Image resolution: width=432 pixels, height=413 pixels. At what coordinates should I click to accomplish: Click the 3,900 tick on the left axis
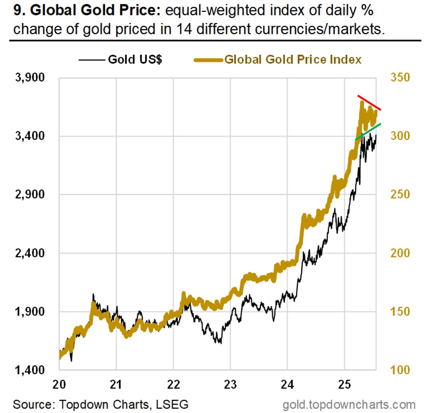click(30, 77)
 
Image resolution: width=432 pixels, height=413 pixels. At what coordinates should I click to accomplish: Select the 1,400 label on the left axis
click(30, 370)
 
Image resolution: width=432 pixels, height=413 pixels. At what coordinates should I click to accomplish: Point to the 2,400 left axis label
click(30, 253)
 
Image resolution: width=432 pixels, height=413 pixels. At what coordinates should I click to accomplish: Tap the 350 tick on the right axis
click(400, 77)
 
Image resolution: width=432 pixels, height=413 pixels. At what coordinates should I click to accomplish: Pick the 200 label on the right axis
click(400, 253)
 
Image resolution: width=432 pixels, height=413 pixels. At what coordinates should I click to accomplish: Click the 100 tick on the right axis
click(400, 370)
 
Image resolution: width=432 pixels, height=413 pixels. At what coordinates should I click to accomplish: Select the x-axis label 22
click(173, 384)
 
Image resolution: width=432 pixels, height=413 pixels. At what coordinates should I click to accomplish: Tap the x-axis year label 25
click(344, 384)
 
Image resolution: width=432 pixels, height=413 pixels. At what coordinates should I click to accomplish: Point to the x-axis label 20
click(59, 384)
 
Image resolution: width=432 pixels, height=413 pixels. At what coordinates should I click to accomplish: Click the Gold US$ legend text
click(135, 59)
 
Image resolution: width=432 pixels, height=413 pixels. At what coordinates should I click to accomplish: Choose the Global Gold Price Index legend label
click(293, 59)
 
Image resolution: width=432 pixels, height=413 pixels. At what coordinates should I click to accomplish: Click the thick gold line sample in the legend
click(208, 60)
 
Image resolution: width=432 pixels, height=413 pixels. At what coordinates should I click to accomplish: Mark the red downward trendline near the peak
click(369, 103)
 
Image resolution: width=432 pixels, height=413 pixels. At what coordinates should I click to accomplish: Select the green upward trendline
click(368, 131)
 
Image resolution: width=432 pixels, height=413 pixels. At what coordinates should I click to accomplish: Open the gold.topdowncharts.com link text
click(349, 404)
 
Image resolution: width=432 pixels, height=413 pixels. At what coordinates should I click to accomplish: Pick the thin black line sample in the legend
click(91, 60)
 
